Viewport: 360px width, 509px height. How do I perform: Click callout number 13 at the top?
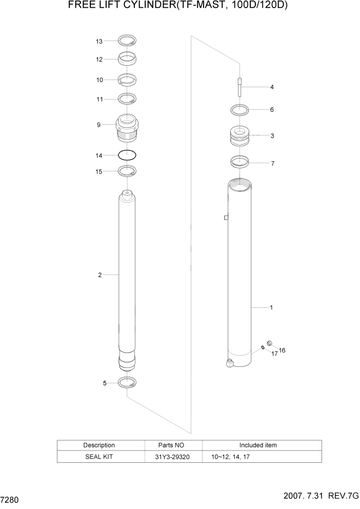click(99, 42)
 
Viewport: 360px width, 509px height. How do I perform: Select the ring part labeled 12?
click(127, 59)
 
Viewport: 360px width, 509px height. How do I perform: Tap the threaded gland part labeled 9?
click(127, 127)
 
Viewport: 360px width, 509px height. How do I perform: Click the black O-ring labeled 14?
click(127, 154)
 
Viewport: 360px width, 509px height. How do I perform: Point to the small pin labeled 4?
click(239, 87)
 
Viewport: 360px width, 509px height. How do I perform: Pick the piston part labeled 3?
click(239, 136)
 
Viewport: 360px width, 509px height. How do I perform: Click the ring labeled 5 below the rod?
click(127, 382)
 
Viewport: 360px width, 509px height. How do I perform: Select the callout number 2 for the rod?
click(100, 275)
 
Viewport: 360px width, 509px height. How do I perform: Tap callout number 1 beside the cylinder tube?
click(271, 308)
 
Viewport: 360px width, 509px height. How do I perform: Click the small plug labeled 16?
click(270, 344)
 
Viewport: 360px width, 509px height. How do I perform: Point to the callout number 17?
click(274, 354)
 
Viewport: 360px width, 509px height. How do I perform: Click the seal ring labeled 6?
click(239, 109)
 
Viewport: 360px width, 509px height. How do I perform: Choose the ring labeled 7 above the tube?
click(239, 163)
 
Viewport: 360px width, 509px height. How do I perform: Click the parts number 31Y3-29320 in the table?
click(173, 456)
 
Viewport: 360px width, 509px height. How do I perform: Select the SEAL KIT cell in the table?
click(99, 456)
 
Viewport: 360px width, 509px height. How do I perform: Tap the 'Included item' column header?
click(258, 445)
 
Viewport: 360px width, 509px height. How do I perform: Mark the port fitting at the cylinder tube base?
click(229, 364)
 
